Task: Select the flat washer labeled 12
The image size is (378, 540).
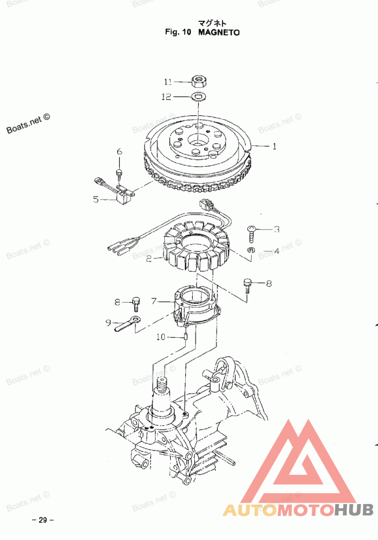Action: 198,97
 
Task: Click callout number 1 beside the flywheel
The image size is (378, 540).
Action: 274,146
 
